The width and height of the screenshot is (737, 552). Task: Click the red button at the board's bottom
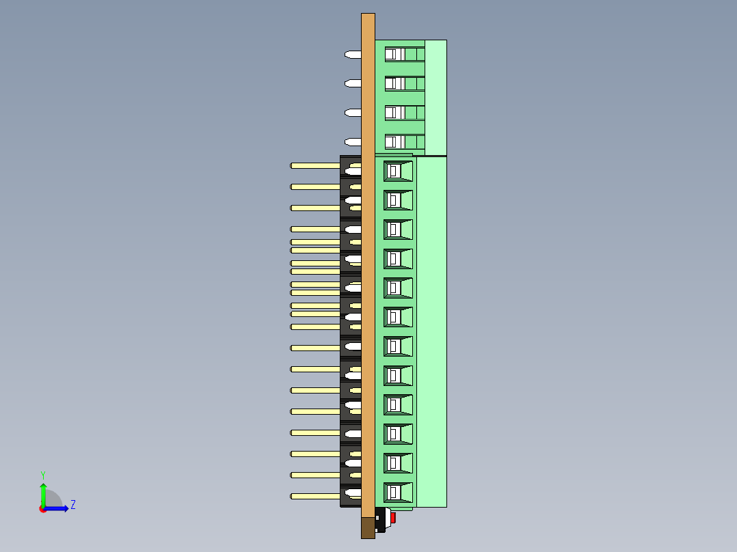point(393,518)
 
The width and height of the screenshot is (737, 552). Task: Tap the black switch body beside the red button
point(381,521)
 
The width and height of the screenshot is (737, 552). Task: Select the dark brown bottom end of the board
point(368,527)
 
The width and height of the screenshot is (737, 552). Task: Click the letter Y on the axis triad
point(42,474)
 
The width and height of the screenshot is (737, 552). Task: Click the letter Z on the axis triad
point(72,505)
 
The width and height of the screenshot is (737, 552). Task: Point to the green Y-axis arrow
point(43,493)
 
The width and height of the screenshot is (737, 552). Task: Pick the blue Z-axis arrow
point(57,508)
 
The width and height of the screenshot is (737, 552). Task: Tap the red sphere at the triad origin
point(42,509)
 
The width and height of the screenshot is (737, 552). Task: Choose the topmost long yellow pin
point(315,165)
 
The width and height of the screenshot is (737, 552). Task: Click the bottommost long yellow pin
point(315,496)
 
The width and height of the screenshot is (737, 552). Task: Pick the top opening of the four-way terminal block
point(394,54)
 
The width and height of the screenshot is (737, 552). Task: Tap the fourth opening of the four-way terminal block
point(394,142)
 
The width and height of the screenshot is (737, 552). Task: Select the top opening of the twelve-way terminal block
point(397,171)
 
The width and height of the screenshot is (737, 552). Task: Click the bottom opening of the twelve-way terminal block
point(397,492)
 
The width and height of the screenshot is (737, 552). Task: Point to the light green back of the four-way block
point(435,97)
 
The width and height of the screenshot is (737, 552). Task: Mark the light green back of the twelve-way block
point(431,331)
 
